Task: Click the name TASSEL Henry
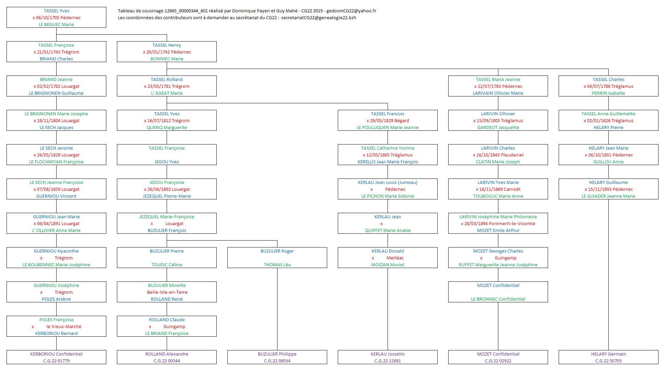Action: (x=167, y=45)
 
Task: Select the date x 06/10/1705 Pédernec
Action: (x=57, y=18)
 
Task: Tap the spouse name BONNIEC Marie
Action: (x=167, y=59)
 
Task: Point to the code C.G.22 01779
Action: (x=56, y=361)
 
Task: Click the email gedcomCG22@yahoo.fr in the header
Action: (x=351, y=11)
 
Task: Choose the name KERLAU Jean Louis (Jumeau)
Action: (x=388, y=183)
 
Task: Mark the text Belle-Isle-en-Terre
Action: (x=167, y=292)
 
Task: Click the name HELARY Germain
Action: (x=608, y=354)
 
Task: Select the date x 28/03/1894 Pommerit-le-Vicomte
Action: (x=498, y=224)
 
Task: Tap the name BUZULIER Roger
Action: (x=277, y=251)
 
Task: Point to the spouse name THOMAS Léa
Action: (x=277, y=265)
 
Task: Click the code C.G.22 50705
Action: (x=608, y=361)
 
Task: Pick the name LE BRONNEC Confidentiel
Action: (x=498, y=299)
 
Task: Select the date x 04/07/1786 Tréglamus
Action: (x=608, y=86)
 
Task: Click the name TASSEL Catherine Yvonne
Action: (x=388, y=148)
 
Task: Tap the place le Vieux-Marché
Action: (x=64, y=327)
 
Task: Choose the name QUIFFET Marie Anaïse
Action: (x=388, y=231)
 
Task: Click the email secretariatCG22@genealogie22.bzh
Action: (x=319, y=18)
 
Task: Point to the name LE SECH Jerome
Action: (x=56, y=148)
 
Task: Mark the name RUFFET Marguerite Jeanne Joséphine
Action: (x=498, y=265)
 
